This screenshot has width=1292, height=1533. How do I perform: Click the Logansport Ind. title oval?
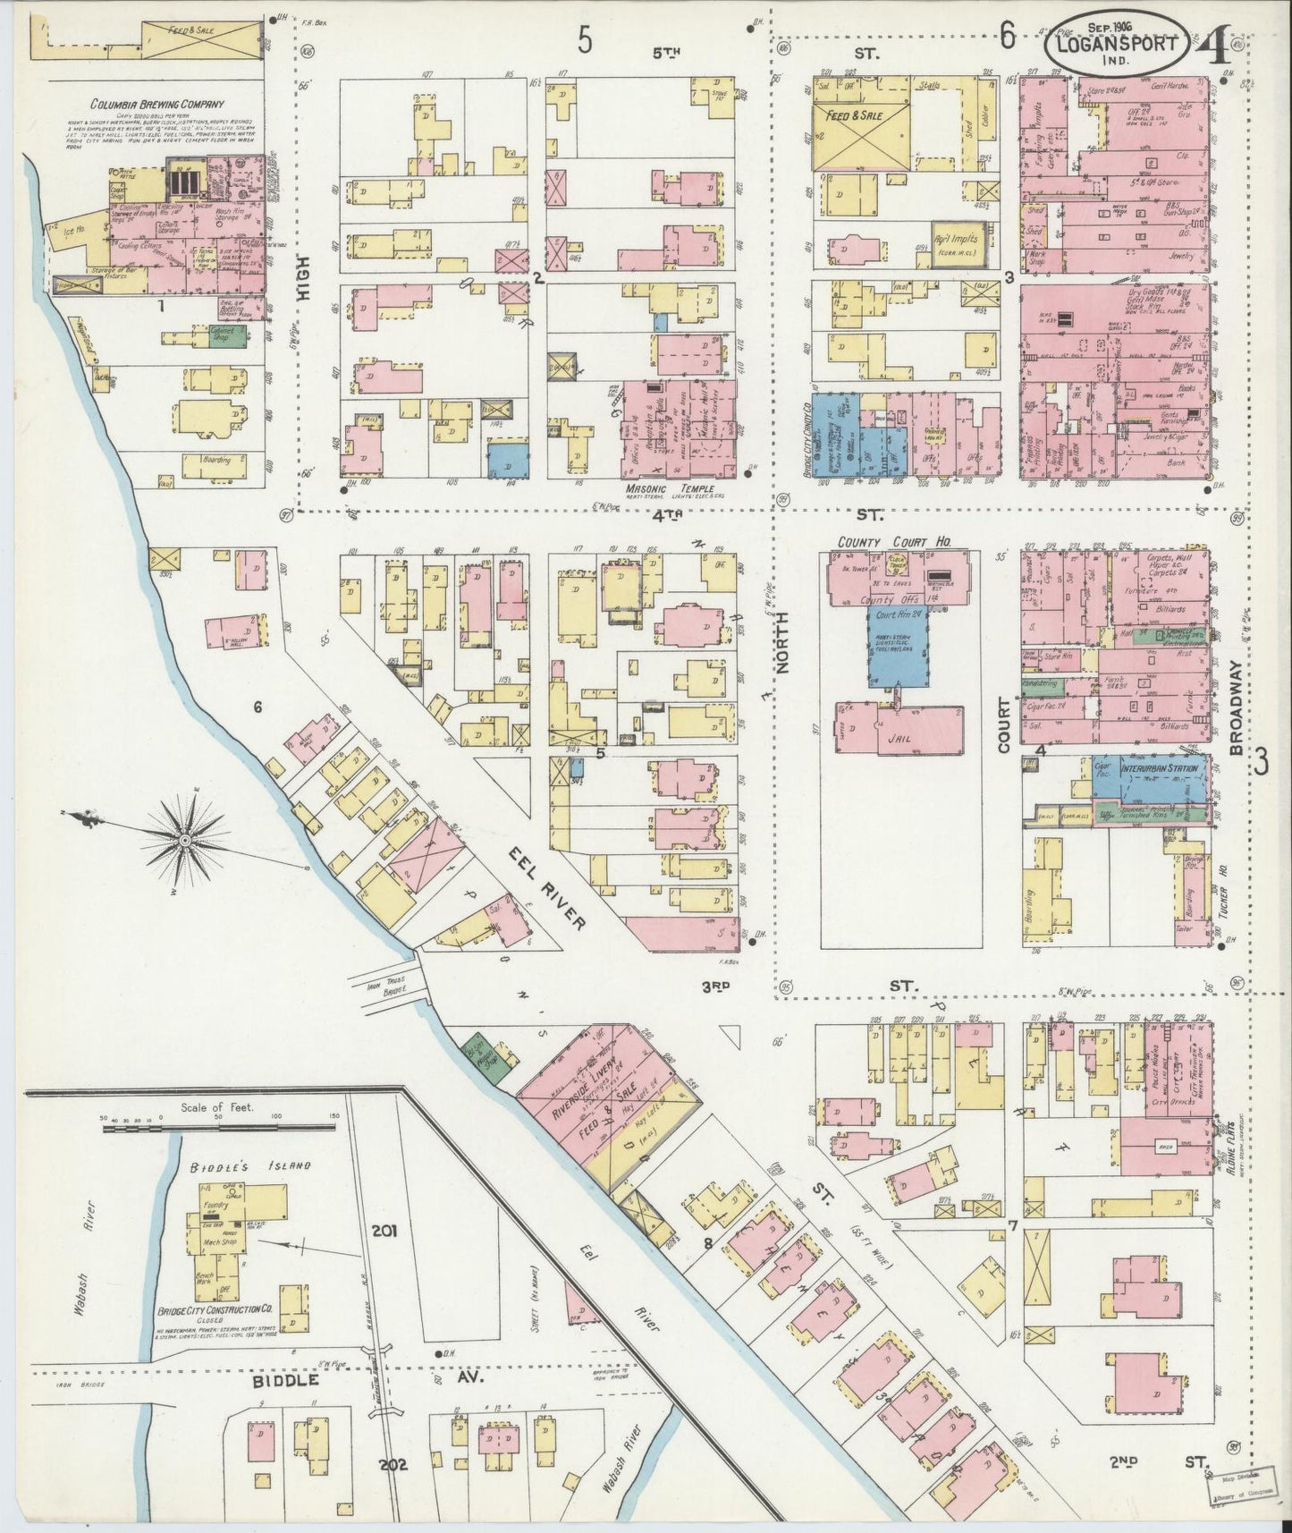(x=1125, y=42)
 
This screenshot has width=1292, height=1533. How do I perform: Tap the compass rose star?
(x=184, y=839)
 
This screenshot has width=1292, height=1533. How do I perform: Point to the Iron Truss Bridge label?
(x=391, y=986)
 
